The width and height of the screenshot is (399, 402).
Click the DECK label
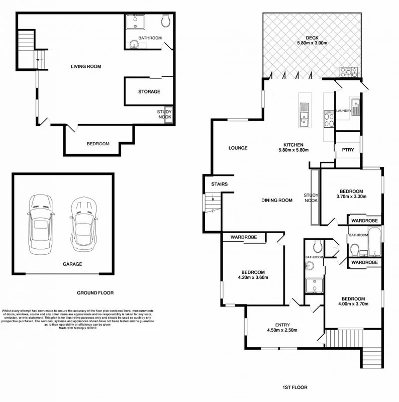[312, 36]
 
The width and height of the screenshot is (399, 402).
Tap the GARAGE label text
[73, 263]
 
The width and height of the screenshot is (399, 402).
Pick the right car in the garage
[83, 223]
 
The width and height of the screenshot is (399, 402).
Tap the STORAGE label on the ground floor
[149, 91]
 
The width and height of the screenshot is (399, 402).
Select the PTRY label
[348, 150]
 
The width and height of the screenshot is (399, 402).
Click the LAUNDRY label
[344, 111]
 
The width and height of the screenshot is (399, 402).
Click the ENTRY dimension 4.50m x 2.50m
[282, 330]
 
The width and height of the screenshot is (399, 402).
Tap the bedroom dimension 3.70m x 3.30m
[351, 196]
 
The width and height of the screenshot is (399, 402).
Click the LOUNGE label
[238, 148]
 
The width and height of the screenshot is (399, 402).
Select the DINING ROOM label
[277, 200]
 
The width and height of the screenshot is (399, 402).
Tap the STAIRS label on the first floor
[220, 184]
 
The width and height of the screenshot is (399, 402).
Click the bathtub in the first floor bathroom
[373, 244]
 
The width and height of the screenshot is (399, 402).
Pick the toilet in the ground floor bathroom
[166, 21]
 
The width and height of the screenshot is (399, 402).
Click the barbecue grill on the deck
[350, 72]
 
